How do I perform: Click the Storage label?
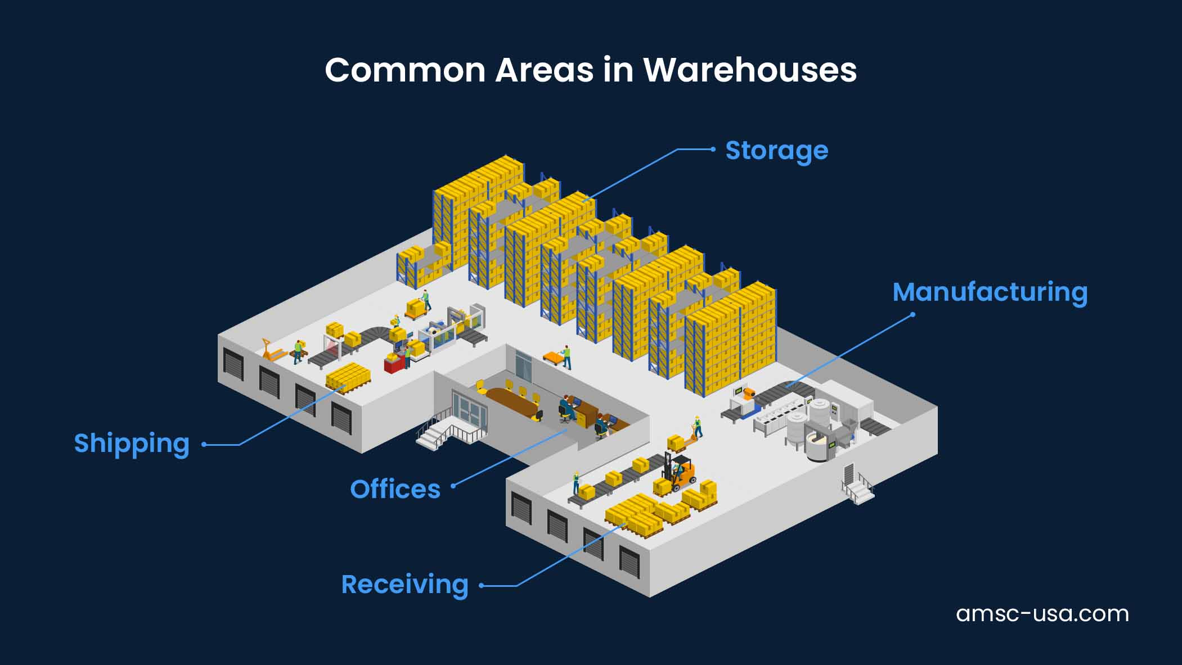776,151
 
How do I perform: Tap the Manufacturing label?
990,292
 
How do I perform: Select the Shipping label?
132,444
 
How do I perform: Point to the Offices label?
395,490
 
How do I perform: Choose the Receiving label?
405,585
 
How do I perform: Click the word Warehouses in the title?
750,70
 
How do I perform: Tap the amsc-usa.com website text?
1042,613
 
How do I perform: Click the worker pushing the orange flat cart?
567,357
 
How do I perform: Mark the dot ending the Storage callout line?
713,150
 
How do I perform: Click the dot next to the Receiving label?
482,586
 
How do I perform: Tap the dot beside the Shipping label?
204,445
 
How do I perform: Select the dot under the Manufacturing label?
913,315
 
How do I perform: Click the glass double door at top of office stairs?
470,409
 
